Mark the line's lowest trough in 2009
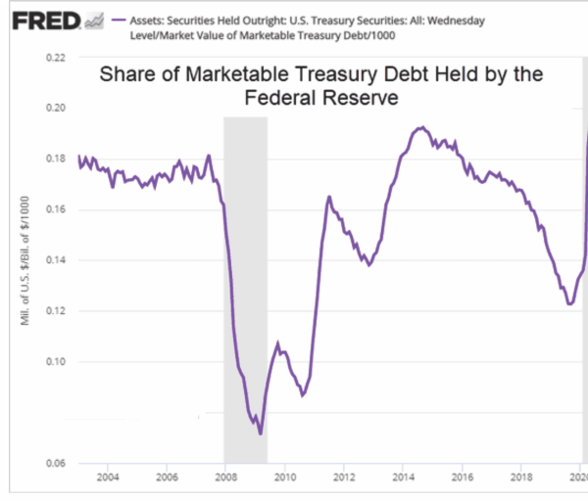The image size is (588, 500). [261, 432]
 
